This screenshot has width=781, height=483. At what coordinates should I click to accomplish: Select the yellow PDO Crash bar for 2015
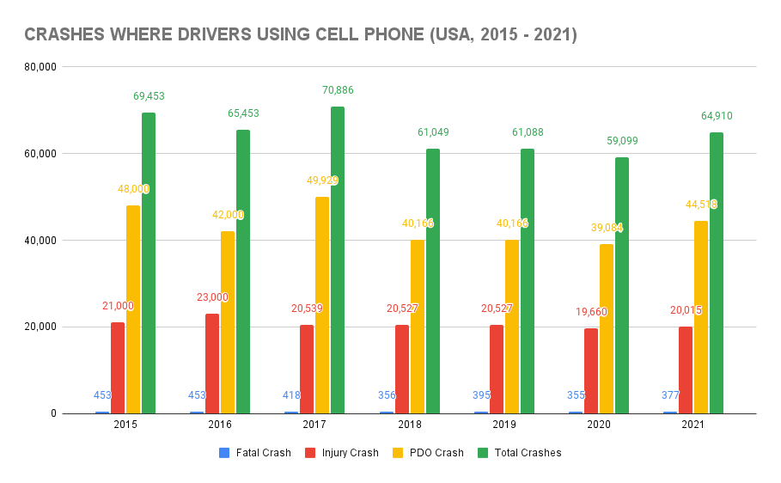tap(133, 309)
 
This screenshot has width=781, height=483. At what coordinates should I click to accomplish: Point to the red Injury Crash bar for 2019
tap(496, 369)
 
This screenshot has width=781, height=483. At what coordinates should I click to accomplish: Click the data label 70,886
tap(339, 90)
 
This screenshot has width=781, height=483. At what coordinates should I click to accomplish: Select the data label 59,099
tap(622, 141)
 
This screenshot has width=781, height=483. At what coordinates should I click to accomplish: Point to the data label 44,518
tap(700, 205)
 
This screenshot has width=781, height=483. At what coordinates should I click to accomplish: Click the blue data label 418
tap(292, 395)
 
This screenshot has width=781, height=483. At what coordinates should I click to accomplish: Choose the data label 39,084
tap(606, 228)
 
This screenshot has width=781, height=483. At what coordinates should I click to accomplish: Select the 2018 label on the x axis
tap(409, 425)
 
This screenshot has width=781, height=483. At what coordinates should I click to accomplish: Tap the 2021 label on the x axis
tap(693, 425)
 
